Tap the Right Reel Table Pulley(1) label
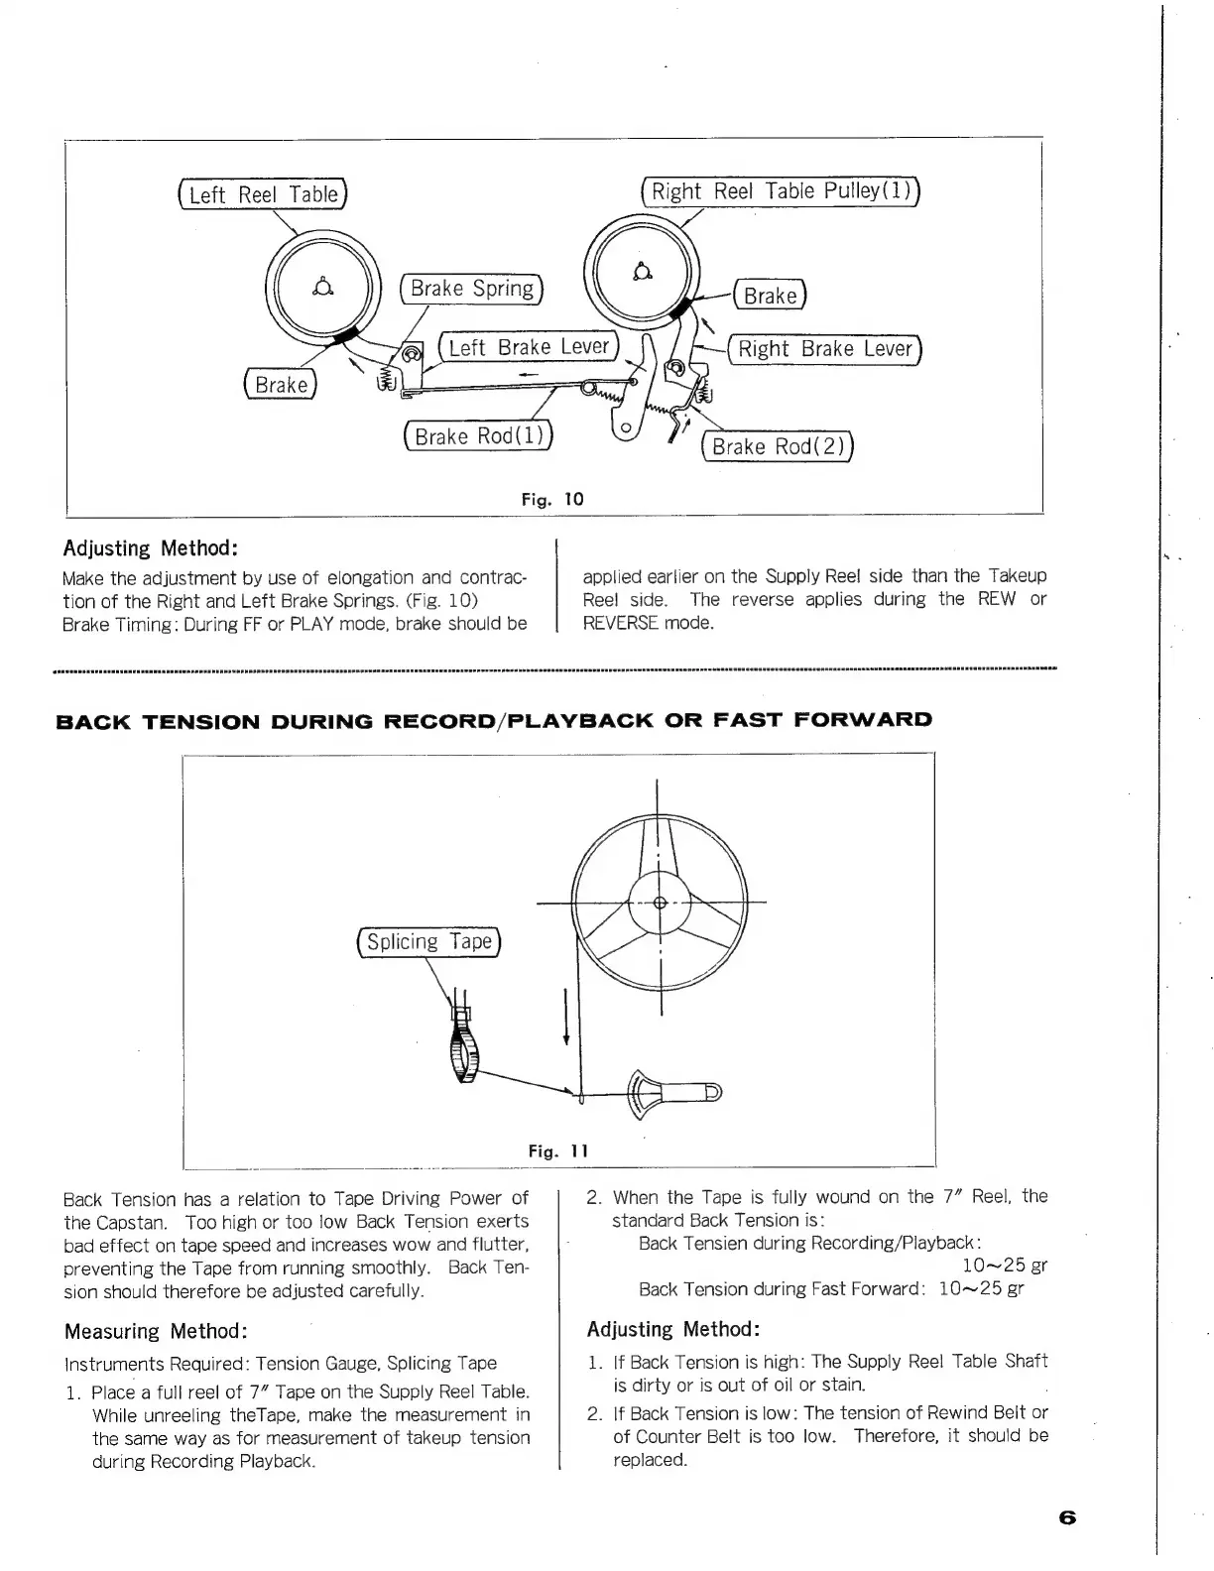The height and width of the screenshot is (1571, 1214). pos(783,191)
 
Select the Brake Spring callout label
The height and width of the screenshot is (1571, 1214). pos(472,289)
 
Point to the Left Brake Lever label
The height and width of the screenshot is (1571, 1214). pos(529,347)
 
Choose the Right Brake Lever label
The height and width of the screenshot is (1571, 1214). pos(825,349)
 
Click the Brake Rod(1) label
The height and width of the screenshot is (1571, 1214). pos(479,436)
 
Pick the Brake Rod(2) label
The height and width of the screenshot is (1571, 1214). pos(778,446)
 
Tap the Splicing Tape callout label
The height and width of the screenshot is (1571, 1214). pos(429,942)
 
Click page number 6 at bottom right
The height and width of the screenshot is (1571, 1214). pos(1067,1517)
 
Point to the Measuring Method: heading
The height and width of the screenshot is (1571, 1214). pos(156,1331)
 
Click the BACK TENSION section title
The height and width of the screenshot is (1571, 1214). pos(494,720)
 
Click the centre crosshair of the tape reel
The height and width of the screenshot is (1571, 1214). pos(661,903)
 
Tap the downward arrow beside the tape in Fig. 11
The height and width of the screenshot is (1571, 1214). pos(565,1017)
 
